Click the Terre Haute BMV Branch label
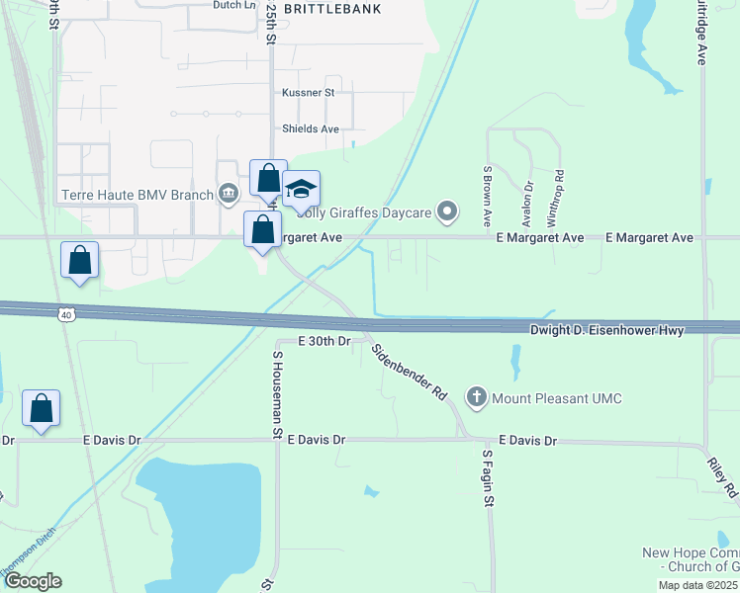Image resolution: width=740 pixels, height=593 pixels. click(x=137, y=195)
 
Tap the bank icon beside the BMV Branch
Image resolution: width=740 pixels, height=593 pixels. click(x=229, y=192)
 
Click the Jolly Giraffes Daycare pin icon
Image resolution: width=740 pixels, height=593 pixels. click(x=448, y=210)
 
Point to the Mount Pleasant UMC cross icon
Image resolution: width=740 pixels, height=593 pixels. click(x=477, y=398)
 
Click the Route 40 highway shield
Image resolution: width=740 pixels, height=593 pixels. click(x=65, y=314)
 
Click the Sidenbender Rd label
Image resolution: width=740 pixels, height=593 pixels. click(x=409, y=371)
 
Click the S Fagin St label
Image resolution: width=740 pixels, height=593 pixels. click(x=488, y=480)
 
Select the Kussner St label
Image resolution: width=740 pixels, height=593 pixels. click(x=309, y=93)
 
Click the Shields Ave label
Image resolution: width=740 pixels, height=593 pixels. click(x=311, y=128)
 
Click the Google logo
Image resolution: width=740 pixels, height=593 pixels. click(x=33, y=581)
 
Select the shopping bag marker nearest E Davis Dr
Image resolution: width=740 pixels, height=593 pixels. click(x=42, y=408)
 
